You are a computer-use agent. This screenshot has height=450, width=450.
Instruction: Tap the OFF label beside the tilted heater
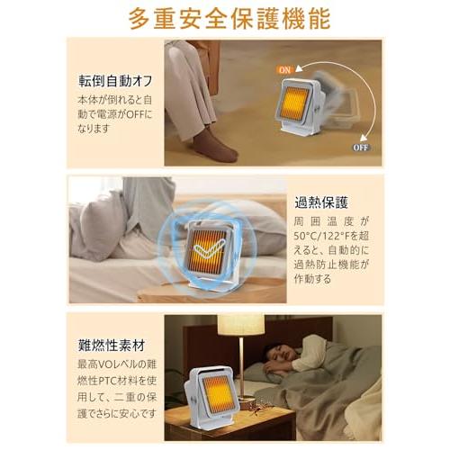[359, 146]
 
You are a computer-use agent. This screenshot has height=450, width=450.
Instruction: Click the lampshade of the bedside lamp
[240, 326]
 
